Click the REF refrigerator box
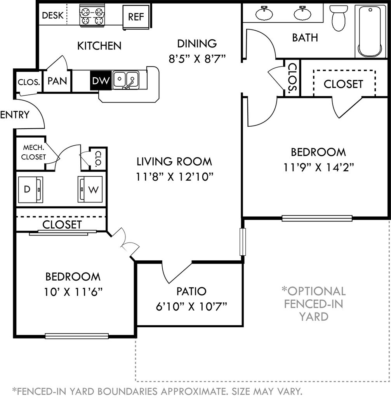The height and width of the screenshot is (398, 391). tap(136, 17)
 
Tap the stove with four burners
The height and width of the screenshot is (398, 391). tap(92, 16)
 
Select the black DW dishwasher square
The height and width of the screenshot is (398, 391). tap(101, 80)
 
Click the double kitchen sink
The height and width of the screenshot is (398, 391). tap(126, 80)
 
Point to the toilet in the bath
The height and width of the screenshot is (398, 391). tap(339, 18)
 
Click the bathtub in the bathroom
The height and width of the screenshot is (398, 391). tap(370, 31)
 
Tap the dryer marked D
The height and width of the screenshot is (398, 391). tap(30, 190)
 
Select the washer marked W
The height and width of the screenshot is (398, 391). tap(90, 189)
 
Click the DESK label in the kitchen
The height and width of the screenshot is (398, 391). tap(52, 16)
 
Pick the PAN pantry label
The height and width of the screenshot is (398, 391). tap(57, 81)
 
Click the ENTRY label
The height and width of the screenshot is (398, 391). tap(15, 115)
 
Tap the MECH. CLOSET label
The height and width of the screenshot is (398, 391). tap(33, 152)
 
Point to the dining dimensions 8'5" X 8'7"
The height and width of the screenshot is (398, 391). tap(197, 59)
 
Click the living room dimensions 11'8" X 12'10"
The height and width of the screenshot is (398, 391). tap(174, 177)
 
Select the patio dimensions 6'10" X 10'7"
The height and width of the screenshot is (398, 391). tap(191, 307)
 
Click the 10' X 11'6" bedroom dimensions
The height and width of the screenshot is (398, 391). tap(73, 292)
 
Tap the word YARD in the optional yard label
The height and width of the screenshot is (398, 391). tap(314, 316)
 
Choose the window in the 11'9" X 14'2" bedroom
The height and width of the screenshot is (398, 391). tap(317, 218)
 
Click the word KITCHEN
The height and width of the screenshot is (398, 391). tap(99, 46)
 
